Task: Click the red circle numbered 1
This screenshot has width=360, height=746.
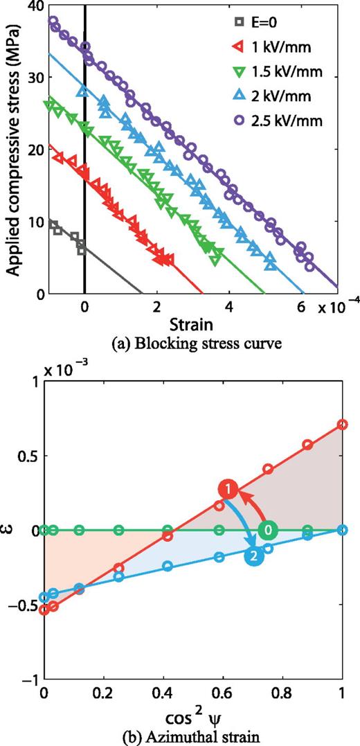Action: point(227,490)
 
